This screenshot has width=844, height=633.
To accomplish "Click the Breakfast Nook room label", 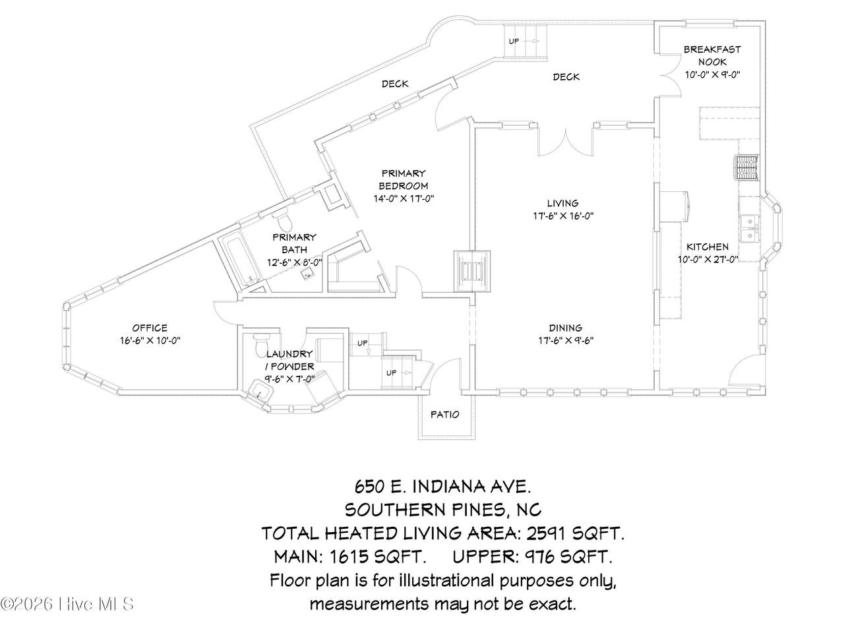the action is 712,55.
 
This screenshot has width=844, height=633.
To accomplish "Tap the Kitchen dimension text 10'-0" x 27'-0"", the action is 708,259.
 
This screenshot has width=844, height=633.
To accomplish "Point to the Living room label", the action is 562,203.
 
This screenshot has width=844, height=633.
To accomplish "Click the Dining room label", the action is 565,328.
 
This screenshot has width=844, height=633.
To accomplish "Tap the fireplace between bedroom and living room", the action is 472,272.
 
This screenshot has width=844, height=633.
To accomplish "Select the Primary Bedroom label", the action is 404,179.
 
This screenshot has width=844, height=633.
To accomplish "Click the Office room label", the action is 150,328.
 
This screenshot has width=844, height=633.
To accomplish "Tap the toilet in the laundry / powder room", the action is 262,342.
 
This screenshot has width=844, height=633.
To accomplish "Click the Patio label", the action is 445,414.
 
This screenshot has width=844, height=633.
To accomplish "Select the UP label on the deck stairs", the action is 514,41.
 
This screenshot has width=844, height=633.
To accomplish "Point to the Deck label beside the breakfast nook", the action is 566,77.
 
